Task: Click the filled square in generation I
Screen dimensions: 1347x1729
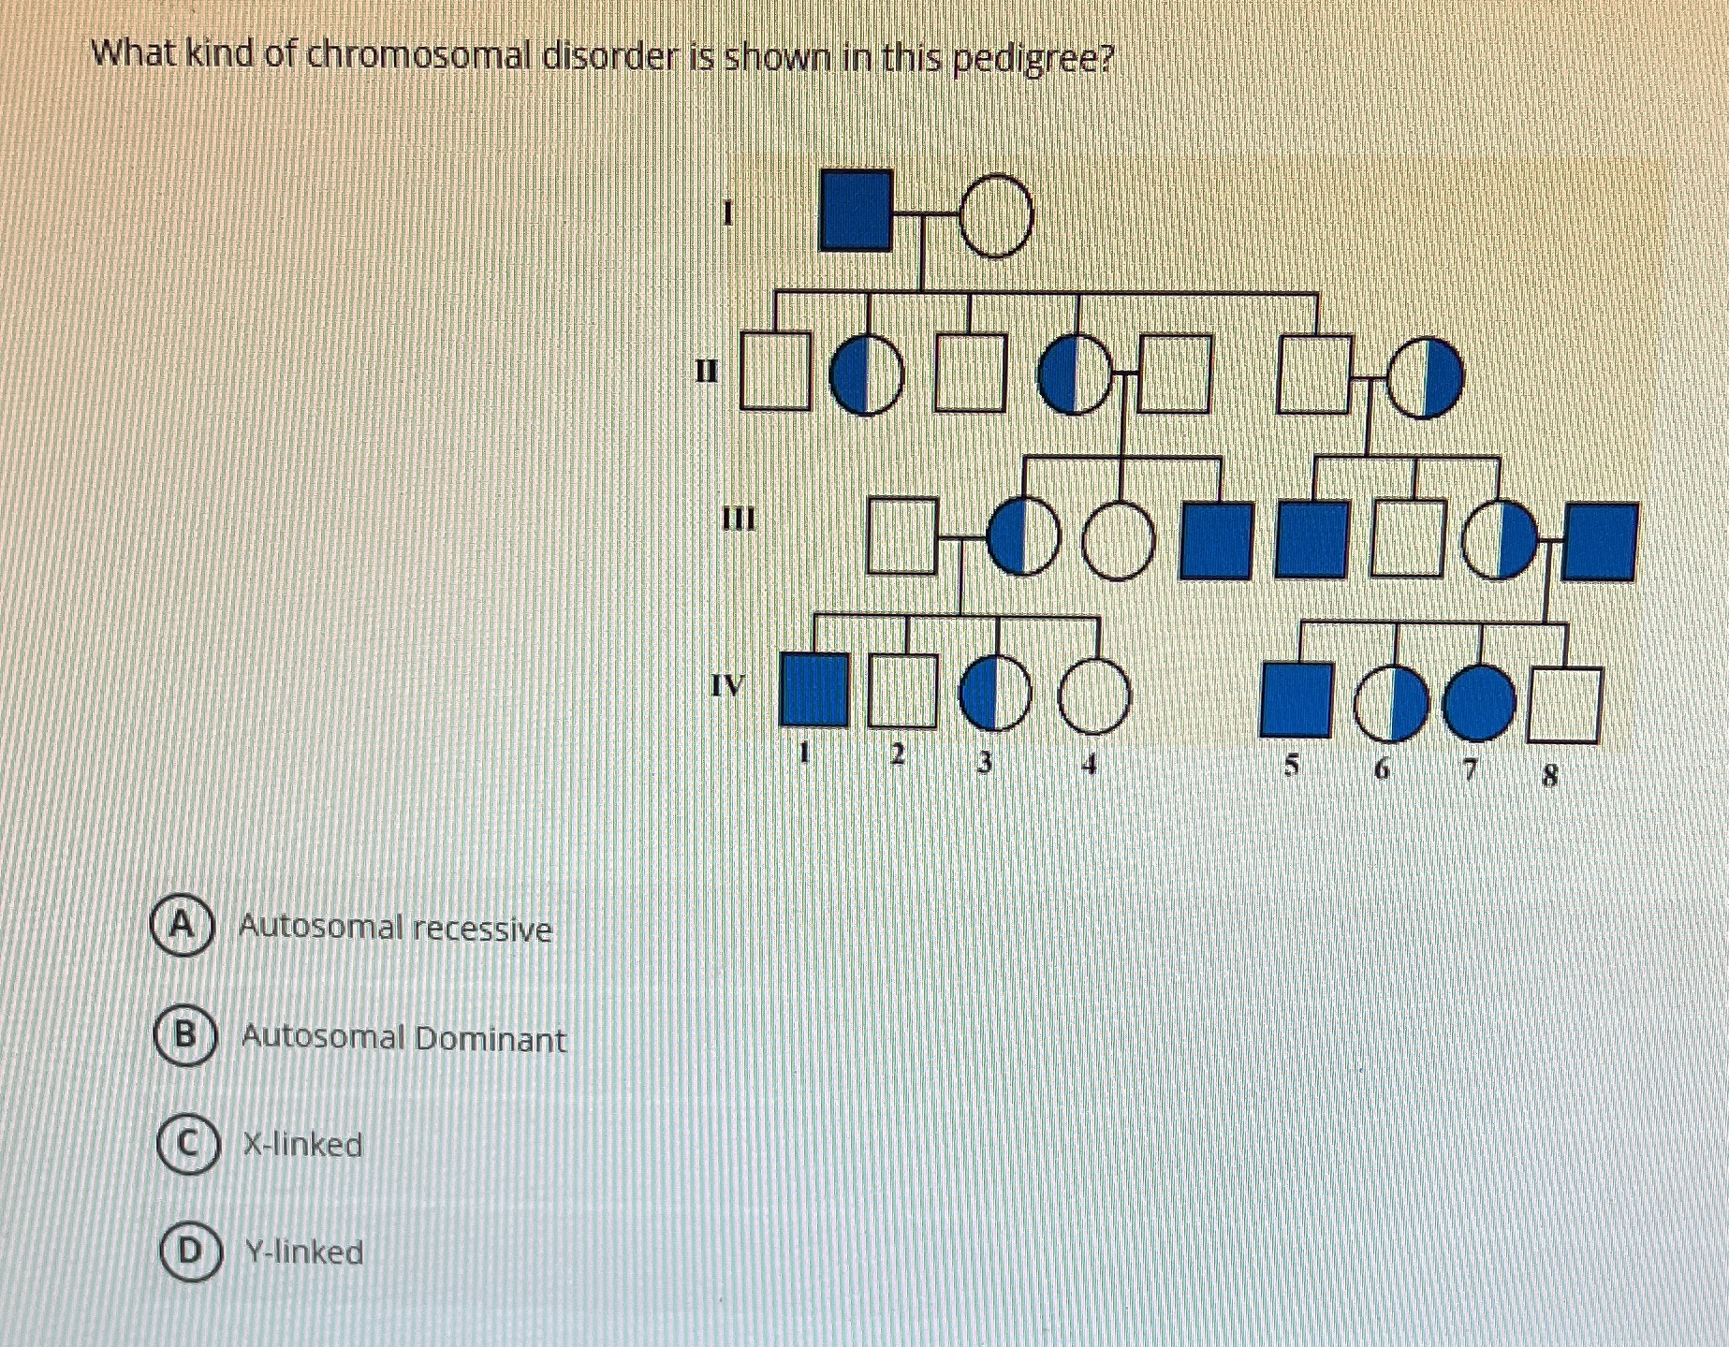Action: pyautogui.click(x=855, y=212)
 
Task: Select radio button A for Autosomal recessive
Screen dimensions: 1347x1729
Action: pyautogui.click(x=183, y=926)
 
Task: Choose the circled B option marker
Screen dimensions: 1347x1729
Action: pyautogui.click(x=185, y=1035)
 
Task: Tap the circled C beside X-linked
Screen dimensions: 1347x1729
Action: pyautogui.click(x=187, y=1144)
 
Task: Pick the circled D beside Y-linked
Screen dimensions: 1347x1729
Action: pyautogui.click(x=190, y=1251)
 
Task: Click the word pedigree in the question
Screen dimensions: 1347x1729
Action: pyautogui.click(x=1033, y=61)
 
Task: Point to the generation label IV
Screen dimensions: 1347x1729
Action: pyautogui.click(x=727, y=685)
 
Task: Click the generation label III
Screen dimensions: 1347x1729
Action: pyautogui.click(x=739, y=518)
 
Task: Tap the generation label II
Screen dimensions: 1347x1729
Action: pyautogui.click(x=707, y=372)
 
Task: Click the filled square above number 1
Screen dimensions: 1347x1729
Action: pyautogui.click(x=814, y=691)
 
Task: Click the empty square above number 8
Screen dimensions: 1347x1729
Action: pyautogui.click(x=1564, y=705)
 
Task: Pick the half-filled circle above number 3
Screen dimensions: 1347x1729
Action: pyautogui.click(x=995, y=694)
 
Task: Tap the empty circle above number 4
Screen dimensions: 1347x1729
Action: pyautogui.click(x=1094, y=695)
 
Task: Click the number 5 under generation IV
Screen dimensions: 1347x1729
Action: pyautogui.click(x=1292, y=766)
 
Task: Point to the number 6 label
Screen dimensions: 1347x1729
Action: pyautogui.click(x=1382, y=769)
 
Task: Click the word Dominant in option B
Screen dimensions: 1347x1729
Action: pyautogui.click(x=490, y=1039)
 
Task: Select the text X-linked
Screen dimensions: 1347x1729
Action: pyautogui.click(x=302, y=1145)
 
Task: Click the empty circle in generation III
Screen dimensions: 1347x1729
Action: pyautogui.click(x=1120, y=542)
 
